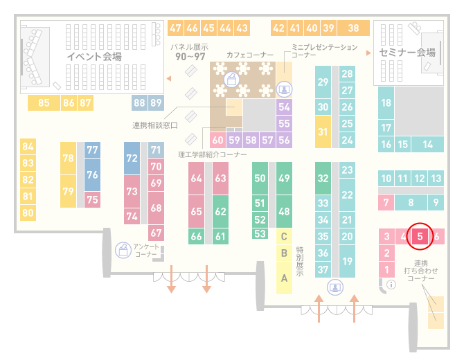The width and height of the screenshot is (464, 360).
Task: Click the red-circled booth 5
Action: coord(420,236)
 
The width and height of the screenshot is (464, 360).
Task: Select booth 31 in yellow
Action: coord(323,132)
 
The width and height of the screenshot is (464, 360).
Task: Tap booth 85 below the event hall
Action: coord(44,102)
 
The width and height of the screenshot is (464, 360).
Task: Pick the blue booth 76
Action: coord(92,174)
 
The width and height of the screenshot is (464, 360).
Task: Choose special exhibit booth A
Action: coord(284,278)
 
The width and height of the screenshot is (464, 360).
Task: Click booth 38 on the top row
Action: coord(354,28)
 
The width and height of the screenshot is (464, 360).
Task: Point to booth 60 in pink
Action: coord(217,140)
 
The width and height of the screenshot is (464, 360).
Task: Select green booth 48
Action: coord(284,211)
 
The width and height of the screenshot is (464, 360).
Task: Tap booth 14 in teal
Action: coord(427,145)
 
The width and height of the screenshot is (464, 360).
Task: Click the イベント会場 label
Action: coord(94,56)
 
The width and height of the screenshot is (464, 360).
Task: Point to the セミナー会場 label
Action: coord(407,53)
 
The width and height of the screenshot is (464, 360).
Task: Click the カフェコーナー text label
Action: coord(250,55)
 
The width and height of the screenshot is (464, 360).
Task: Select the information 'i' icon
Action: coord(391,285)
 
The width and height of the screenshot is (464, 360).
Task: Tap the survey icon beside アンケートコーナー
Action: coord(123,250)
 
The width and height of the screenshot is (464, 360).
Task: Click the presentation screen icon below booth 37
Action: coord(335,287)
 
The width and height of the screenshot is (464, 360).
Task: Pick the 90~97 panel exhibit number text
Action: coord(190,57)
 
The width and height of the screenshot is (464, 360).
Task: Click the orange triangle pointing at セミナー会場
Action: coord(368,53)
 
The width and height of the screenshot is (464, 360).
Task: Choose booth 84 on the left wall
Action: coord(28,147)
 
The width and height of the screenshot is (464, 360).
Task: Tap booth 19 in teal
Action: coord(347,261)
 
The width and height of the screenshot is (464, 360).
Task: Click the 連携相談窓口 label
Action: coord(154,125)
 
